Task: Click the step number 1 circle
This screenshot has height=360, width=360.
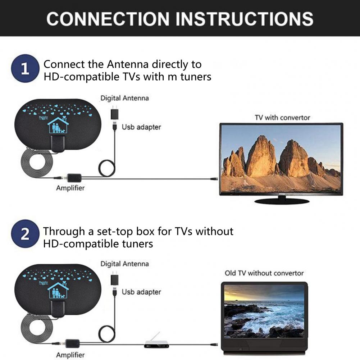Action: (25, 69)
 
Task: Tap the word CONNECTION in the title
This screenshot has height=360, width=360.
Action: (108, 19)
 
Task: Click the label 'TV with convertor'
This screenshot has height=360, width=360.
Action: (282, 118)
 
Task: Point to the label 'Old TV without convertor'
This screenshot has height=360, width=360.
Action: (264, 273)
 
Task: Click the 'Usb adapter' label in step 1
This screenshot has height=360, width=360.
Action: (141, 127)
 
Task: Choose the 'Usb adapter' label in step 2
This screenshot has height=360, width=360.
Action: (141, 292)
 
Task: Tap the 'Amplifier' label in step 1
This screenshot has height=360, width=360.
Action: (70, 188)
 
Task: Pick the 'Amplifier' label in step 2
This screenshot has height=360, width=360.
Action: (70, 355)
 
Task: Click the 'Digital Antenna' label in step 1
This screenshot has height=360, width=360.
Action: (124, 98)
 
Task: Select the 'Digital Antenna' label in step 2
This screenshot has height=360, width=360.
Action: (124, 264)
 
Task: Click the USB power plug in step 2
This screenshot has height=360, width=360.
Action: (114, 280)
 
